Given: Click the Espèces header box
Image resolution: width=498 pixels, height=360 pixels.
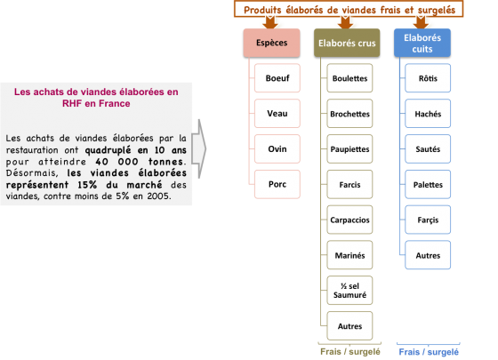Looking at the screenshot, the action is point(271,43).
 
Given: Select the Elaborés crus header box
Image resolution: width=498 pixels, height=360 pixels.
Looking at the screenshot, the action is point(347,43).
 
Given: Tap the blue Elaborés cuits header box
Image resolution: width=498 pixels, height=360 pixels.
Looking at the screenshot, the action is point(422,43).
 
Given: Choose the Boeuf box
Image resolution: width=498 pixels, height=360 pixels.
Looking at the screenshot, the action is point(277,78).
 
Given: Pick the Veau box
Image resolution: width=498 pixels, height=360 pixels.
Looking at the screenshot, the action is point(277,114).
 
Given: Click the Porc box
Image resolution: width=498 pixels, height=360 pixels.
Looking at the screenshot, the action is point(277,184).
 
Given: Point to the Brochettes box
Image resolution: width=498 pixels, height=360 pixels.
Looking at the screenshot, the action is point(349,114).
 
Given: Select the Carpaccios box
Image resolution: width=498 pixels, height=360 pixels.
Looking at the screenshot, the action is point(349,220).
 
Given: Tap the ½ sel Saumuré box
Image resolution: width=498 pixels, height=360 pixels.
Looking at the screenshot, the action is point(349,291).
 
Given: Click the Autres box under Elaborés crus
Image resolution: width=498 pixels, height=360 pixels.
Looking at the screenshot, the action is point(349,325).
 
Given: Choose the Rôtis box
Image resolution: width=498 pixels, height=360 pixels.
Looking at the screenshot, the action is point(428,78).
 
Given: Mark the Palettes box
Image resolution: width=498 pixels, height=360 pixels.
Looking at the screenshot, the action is point(428,184).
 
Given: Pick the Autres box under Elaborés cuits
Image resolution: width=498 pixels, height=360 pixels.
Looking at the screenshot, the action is point(428,255).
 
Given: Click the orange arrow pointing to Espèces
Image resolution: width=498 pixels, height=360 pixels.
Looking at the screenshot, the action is point(270,22).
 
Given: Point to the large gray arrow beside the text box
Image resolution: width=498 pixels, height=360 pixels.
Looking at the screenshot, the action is point(199,148).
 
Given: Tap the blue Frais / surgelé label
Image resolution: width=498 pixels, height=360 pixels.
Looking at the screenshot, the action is point(429,352).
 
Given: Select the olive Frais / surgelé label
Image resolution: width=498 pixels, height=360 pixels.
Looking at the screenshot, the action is point(350,352).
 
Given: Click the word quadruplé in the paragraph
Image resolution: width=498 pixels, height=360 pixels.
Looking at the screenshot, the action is point(108,150).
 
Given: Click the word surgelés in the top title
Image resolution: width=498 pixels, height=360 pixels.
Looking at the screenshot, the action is point(437,10).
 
